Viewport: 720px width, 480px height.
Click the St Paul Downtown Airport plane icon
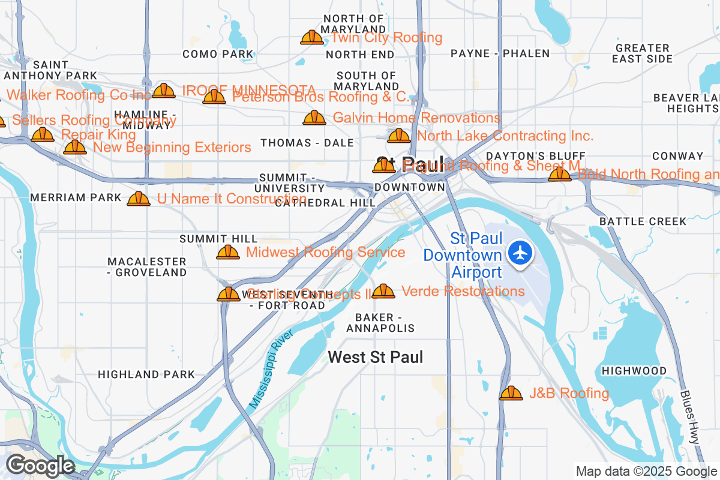520,252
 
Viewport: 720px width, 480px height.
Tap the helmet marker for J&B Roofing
511,393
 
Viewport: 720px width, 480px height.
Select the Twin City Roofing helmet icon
312,37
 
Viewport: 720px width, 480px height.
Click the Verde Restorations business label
463,292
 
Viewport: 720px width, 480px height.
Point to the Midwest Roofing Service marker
228,252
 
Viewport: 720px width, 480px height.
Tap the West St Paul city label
375,358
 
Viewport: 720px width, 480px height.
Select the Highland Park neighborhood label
146,374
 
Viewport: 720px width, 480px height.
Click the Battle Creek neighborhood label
643,221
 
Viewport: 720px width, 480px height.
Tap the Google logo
40,466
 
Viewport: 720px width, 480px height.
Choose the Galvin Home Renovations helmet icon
314,118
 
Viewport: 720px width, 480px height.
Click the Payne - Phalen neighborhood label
500,53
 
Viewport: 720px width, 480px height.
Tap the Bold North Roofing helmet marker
559,174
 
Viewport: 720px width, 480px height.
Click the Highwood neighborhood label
634,371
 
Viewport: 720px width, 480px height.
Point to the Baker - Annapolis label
380,323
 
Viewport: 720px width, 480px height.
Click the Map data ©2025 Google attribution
646,471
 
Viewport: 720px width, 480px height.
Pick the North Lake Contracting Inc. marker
399,136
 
